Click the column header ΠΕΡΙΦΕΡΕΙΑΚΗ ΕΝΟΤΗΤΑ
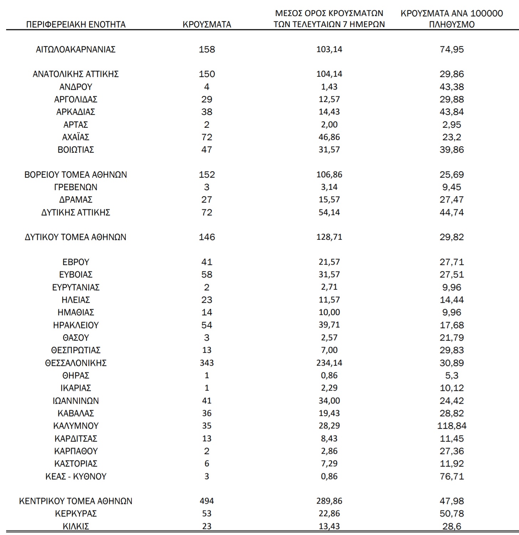pos(76,25)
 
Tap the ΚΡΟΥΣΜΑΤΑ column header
pos(207,25)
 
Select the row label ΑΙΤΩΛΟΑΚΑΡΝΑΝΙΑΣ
pos(76,50)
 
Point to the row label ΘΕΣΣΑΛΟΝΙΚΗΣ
pos(76,363)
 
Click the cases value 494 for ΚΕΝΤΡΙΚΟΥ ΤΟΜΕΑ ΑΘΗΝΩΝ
pos(207,501)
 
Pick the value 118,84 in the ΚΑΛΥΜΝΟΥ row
pos(452,426)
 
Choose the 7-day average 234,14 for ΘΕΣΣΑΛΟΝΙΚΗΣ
pos(329,363)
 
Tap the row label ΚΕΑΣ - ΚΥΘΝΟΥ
pos(76,477)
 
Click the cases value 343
pos(207,363)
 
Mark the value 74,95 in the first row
pos(452,50)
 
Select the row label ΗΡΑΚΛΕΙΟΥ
pos(76,325)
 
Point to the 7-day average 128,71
pos(329,237)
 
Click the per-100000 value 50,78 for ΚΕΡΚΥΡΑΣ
pos(452,514)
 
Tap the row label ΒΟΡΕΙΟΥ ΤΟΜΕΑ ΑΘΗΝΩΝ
pos(76,175)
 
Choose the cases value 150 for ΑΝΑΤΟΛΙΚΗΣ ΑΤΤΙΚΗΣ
pos(207,74)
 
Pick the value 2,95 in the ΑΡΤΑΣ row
pos(452,125)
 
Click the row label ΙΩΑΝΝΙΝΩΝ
pos(76,401)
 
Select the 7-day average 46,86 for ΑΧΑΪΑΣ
pos(329,137)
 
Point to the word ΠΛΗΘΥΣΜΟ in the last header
pos(452,25)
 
